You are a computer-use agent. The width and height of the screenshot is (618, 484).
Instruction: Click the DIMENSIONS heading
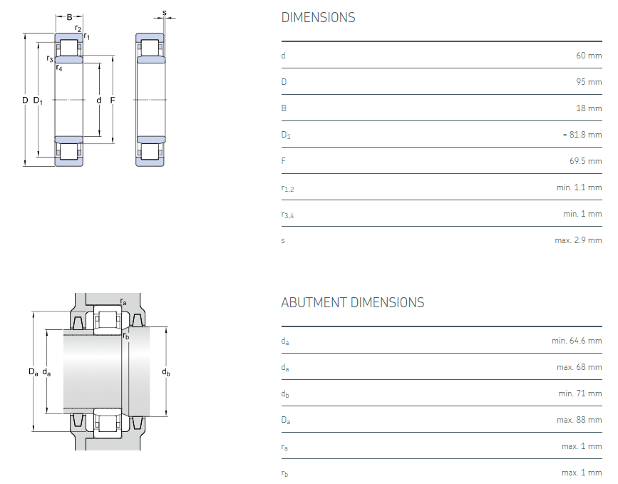coord(318,18)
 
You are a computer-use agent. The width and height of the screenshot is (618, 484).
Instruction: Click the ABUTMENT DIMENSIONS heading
coord(353,303)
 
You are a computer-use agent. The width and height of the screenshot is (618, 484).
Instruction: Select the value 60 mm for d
coord(589,56)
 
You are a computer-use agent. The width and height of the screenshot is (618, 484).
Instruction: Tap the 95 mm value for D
coord(589,82)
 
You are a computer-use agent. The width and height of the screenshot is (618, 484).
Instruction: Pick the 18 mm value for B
coord(589,108)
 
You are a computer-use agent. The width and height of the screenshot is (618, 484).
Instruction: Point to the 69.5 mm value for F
coord(586,161)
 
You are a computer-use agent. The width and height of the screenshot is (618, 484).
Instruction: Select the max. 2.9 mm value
coord(578,240)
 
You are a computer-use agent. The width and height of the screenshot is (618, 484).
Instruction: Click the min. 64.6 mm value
coord(577,341)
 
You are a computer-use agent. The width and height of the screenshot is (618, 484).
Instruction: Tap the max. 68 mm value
coord(580,367)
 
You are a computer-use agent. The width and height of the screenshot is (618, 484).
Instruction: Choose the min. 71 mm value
coord(580,393)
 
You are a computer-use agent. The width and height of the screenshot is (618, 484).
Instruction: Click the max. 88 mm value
coord(580,420)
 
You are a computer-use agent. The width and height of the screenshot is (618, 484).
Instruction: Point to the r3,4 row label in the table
coord(288,215)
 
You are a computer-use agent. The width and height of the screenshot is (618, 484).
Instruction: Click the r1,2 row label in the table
coord(288,188)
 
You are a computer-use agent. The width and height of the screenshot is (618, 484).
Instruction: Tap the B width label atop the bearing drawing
coord(69,17)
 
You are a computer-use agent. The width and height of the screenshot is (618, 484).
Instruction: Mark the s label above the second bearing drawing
coord(165,13)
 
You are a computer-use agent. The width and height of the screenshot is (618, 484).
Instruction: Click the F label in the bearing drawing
coord(113,101)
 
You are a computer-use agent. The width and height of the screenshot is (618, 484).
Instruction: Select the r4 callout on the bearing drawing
coord(59,68)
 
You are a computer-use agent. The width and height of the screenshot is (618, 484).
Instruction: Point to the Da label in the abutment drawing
coord(34,371)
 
